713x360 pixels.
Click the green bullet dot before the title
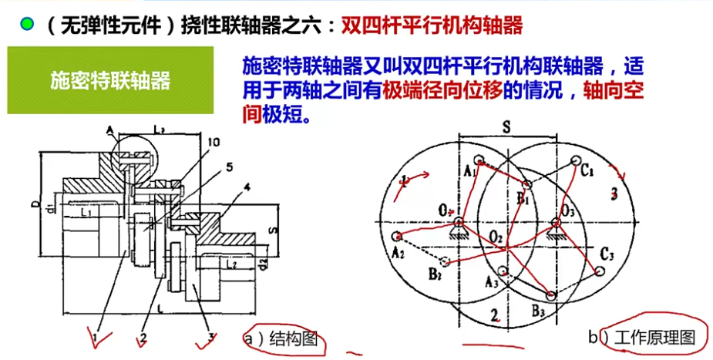[28, 25]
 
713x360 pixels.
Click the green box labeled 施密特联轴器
[110, 80]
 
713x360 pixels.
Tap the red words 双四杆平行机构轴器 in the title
[431, 25]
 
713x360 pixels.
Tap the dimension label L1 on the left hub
[86, 210]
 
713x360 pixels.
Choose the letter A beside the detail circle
[111, 128]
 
